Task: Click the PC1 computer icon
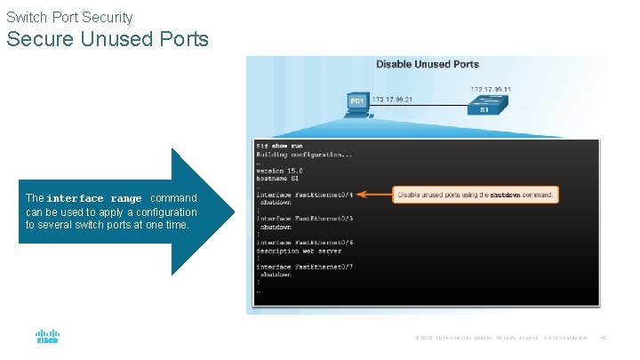pos(357,103)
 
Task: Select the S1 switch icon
pos(484,106)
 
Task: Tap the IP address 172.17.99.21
pos(391,99)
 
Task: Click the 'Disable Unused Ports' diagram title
pos(427,64)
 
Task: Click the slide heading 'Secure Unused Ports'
pos(108,39)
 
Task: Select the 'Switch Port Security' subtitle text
pos(69,17)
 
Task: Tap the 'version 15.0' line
pos(280,170)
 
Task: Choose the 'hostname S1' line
pos(277,178)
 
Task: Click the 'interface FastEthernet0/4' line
pos(305,194)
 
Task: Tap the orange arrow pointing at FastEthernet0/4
pos(377,194)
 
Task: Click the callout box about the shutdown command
pos(476,194)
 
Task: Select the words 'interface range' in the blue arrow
pos(94,198)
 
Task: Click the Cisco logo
pos(47,338)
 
